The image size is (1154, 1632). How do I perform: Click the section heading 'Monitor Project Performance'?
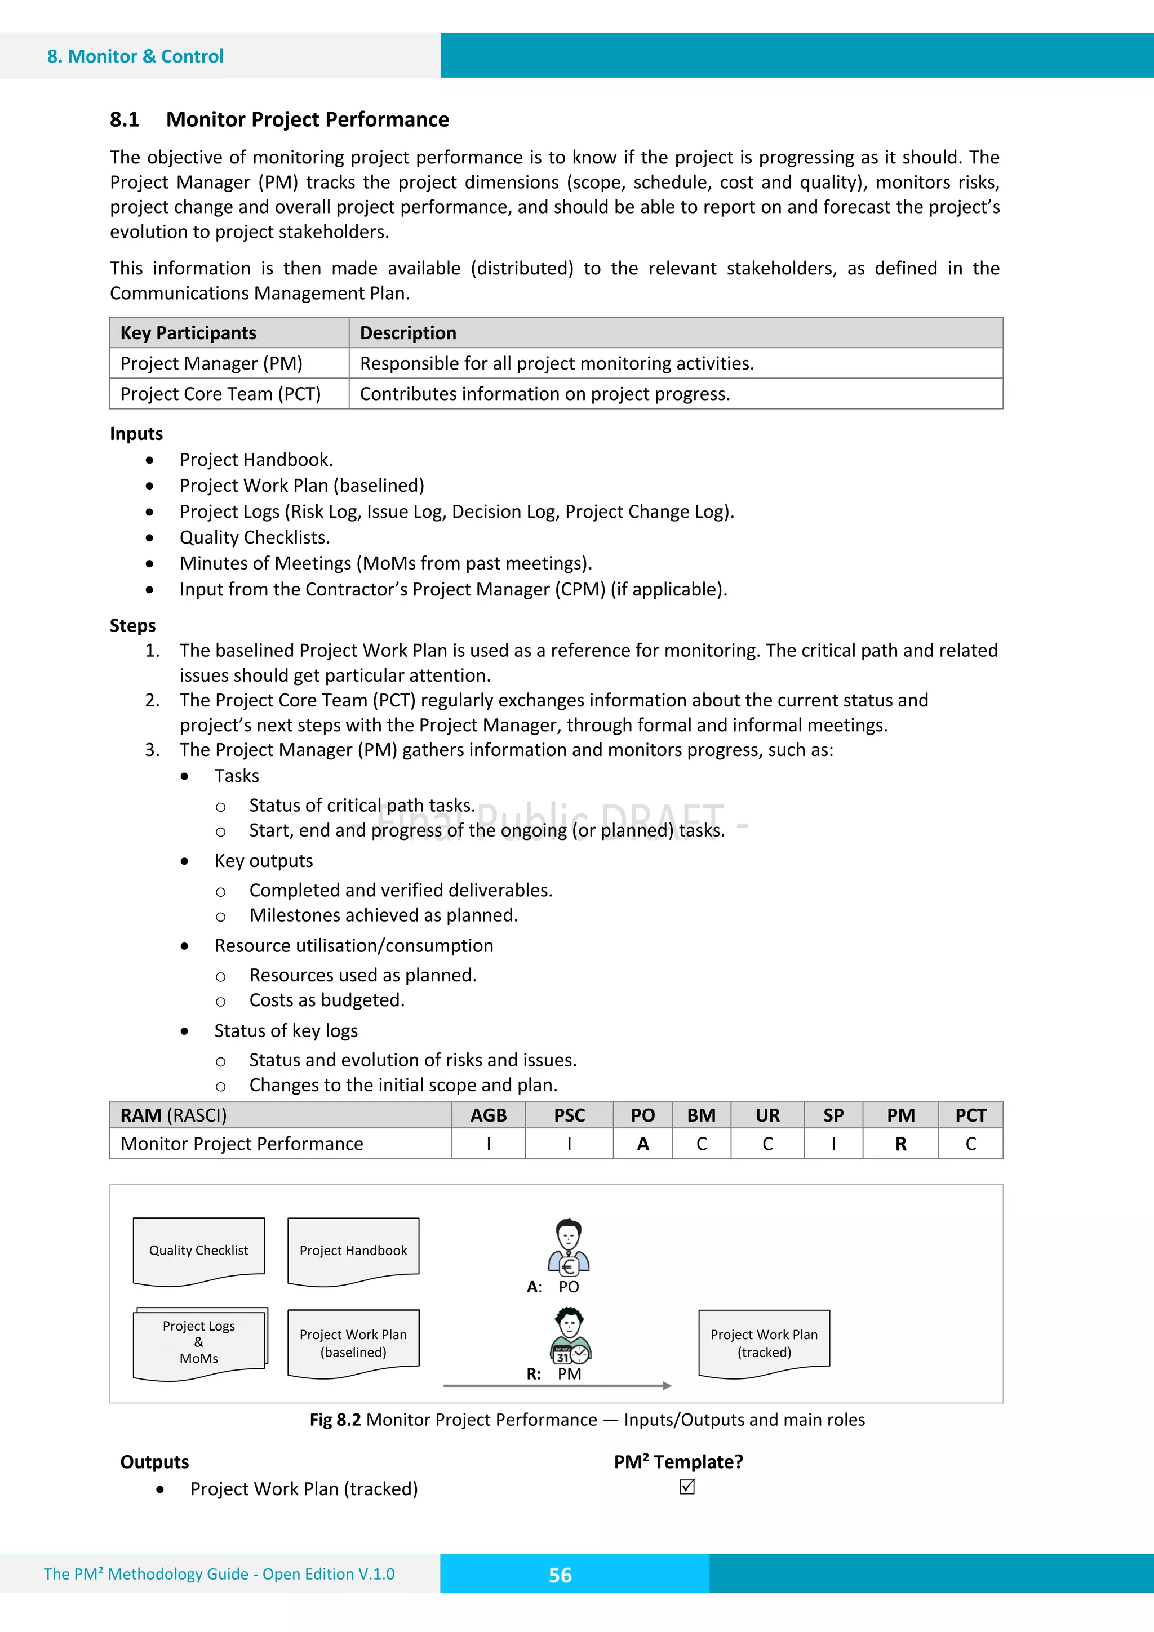(x=307, y=119)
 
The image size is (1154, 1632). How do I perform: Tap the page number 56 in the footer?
(x=560, y=1575)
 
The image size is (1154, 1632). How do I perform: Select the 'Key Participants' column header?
(x=188, y=333)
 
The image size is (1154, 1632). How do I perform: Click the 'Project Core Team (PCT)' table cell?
(x=220, y=394)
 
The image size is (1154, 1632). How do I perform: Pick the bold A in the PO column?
(x=643, y=1144)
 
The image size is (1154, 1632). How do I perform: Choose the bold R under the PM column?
(x=900, y=1144)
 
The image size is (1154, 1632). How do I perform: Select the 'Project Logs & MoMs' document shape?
(x=198, y=1342)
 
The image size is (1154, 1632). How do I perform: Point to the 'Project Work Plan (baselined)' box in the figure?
(x=353, y=1342)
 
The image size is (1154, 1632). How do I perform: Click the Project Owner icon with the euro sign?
(x=568, y=1247)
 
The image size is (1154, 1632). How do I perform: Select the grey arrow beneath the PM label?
(x=557, y=1385)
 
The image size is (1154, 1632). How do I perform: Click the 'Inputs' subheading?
(x=136, y=434)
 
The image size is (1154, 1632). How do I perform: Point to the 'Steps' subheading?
(x=133, y=625)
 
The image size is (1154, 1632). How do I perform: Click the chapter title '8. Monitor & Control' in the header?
(x=135, y=56)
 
